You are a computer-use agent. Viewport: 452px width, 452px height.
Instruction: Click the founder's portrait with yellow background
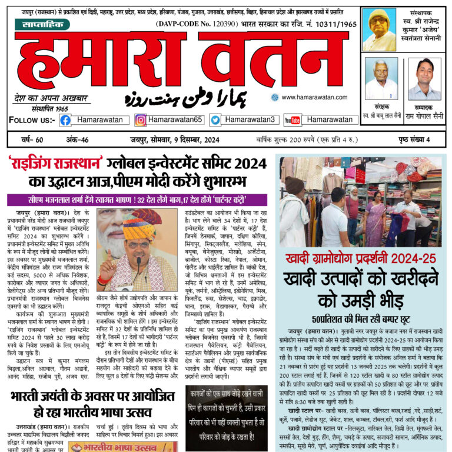click(379, 29)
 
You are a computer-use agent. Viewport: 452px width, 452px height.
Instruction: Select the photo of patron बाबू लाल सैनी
click(381, 79)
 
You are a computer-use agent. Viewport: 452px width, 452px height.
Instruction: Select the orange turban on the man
click(142, 222)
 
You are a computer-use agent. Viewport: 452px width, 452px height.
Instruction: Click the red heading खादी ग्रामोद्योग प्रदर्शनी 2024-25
click(360, 258)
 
